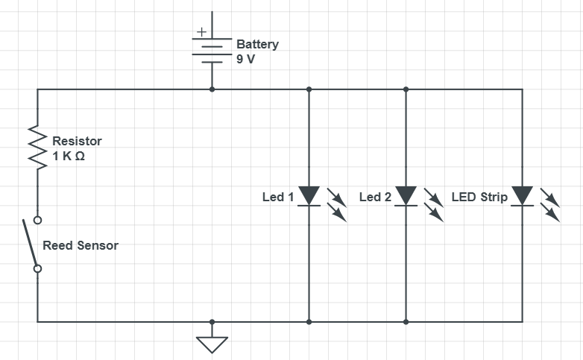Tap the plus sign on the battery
click(201, 33)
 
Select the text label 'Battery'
click(257, 44)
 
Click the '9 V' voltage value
click(245, 59)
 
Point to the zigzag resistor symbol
click(37, 147)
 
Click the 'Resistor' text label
click(77, 141)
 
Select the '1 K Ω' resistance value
click(69, 156)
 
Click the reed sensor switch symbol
click(31, 244)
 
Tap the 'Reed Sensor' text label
click(81, 245)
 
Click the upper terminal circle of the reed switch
click(37, 220)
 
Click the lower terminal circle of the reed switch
click(37, 268)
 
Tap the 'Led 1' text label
click(278, 198)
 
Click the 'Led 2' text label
click(375, 198)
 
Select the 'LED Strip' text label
click(479, 198)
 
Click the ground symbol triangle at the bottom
click(212, 344)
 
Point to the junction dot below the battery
click(212, 89)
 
